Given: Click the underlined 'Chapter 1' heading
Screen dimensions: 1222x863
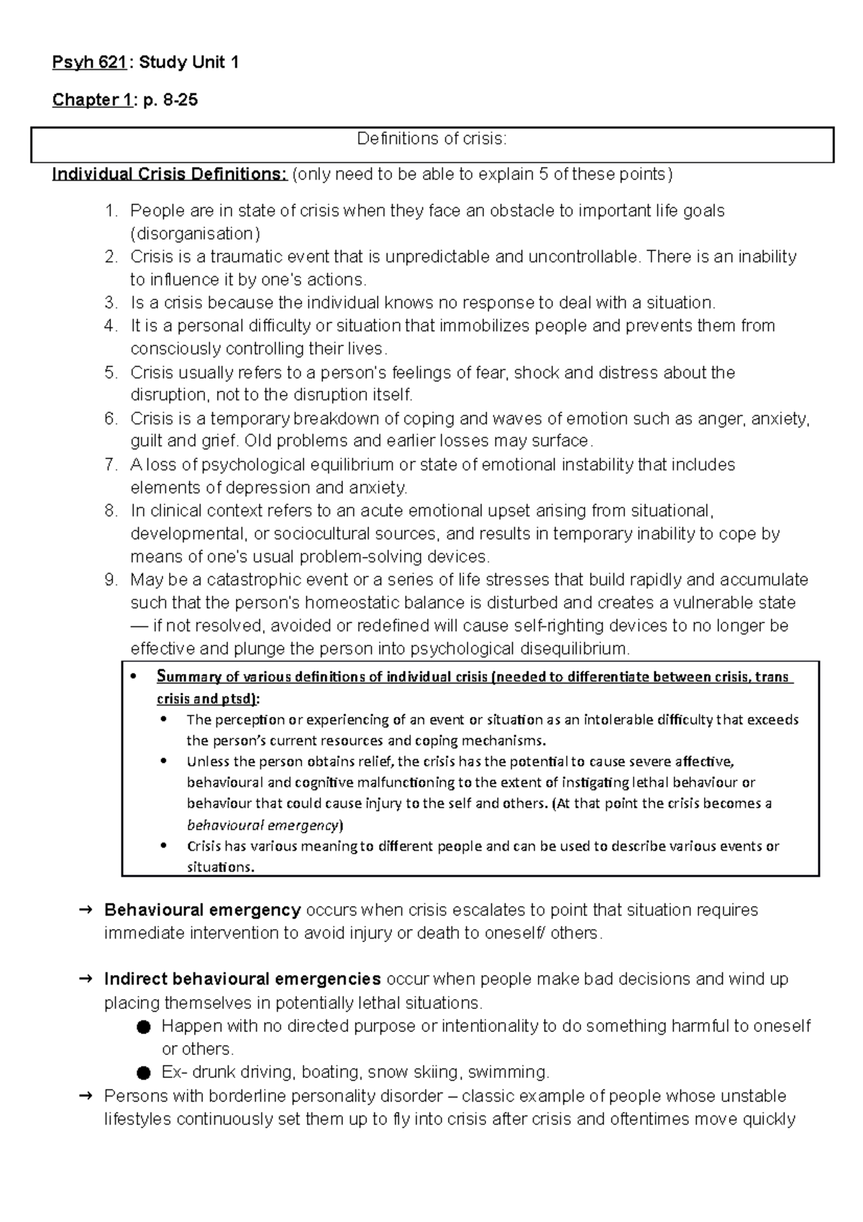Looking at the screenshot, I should click(x=91, y=100).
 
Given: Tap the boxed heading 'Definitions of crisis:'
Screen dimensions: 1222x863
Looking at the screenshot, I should click(x=431, y=139).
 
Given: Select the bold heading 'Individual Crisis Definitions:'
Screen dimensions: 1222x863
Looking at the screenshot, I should click(x=169, y=175).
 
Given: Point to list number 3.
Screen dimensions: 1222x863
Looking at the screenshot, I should click(x=109, y=302).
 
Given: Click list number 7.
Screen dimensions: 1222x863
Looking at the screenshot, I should click(x=109, y=465).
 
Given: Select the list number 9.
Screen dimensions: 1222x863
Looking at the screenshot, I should click(x=109, y=580).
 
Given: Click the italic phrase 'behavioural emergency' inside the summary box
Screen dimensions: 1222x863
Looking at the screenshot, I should click(x=262, y=825).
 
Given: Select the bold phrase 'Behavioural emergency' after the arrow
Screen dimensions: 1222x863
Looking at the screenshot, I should click(x=202, y=910).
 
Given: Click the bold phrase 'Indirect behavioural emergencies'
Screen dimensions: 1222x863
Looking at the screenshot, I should click(x=242, y=979).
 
